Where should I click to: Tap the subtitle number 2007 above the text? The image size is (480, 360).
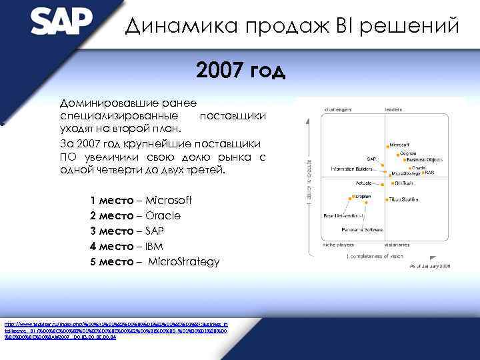pyautogui.click(x=219, y=70)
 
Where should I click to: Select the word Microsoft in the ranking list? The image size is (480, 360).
pyautogui.click(x=169, y=201)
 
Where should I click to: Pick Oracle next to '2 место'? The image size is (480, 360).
pyautogui.click(x=163, y=216)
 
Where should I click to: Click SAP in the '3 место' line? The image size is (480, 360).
pyautogui.click(x=155, y=231)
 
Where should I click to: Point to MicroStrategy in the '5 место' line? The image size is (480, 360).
pyautogui.click(x=183, y=262)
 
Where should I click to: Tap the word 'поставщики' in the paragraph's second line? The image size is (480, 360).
pyautogui.click(x=233, y=116)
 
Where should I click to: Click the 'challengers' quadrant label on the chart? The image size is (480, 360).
pyautogui.click(x=339, y=109)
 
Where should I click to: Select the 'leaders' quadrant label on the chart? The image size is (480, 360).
pyautogui.click(x=393, y=109)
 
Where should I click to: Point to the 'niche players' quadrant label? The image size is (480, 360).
pyautogui.click(x=339, y=244)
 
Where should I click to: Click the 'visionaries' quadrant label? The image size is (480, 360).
pyautogui.click(x=397, y=244)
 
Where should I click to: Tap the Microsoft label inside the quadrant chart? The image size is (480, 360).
pyautogui.click(x=399, y=144)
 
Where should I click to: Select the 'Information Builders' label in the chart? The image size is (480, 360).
pyautogui.click(x=351, y=169)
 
